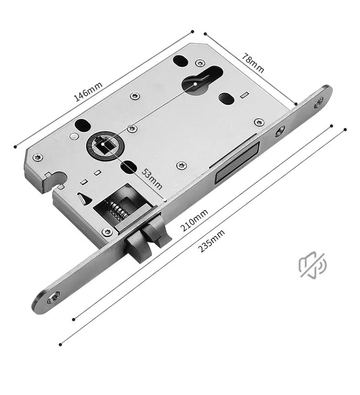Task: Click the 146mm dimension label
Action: coord(88,91)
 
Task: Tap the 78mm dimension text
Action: coord(253,63)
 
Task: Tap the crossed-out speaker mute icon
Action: coord(312,264)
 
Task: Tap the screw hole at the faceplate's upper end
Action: coord(319,101)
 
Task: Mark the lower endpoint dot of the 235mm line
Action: coord(60,344)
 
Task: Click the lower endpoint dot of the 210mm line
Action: coord(73,319)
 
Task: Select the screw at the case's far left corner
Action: coord(37,156)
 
